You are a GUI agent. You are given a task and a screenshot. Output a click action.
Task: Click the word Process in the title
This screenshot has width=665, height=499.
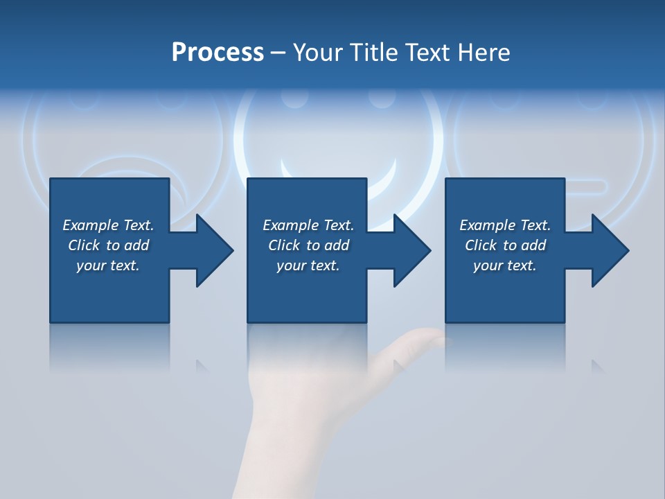tap(218, 53)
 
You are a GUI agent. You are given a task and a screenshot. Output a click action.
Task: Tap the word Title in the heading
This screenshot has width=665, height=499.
tap(371, 53)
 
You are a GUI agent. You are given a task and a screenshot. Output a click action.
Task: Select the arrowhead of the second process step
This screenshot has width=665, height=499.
tap(411, 250)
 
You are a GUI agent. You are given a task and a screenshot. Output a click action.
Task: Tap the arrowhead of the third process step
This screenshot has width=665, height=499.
tap(610, 250)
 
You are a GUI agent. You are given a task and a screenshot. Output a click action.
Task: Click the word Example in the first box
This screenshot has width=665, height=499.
tap(90, 225)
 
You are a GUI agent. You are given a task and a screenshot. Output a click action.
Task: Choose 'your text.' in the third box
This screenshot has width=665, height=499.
tap(504, 265)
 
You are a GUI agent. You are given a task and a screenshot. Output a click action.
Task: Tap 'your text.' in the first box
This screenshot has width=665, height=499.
tap(107, 265)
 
